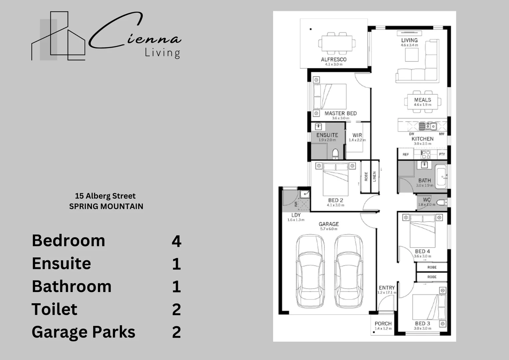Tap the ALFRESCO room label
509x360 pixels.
[333, 59]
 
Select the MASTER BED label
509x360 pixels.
[340, 113]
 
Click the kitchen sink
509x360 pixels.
[428, 126]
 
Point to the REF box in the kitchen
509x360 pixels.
[405, 154]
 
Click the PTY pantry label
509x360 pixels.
[442, 154]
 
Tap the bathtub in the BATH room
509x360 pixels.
[441, 176]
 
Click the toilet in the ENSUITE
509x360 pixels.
[335, 154]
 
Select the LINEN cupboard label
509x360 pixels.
[374, 176]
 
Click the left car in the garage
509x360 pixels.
[310, 272]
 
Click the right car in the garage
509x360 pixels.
[348, 272]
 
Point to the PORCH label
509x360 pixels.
[383, 323]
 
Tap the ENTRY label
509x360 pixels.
[387, 288]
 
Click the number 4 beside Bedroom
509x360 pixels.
[176, 241]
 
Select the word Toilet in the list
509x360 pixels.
[55, 309]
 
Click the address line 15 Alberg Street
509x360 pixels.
[105, 196]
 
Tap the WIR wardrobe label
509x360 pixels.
[357, 135]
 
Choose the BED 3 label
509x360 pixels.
[422, 323]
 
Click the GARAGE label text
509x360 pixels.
[329, 224]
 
